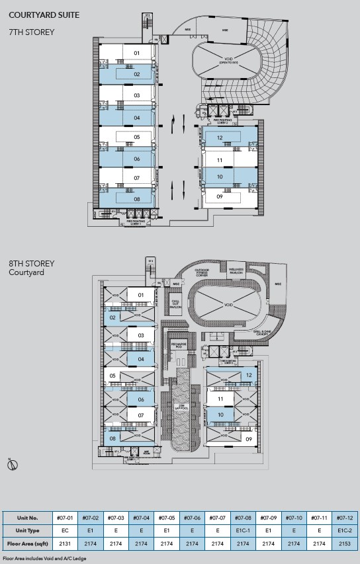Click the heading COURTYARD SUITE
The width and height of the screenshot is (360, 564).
44,13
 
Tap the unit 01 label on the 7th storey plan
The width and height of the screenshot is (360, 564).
137,52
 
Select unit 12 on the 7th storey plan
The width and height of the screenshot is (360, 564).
218,138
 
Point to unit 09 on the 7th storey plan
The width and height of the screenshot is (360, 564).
218,196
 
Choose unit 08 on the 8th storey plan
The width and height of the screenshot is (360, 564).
113,438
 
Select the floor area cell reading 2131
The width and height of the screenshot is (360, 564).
64,544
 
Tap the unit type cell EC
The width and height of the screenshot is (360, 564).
64,530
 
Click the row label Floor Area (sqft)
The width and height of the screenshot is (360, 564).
27,544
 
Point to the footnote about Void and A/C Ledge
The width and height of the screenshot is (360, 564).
44,558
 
